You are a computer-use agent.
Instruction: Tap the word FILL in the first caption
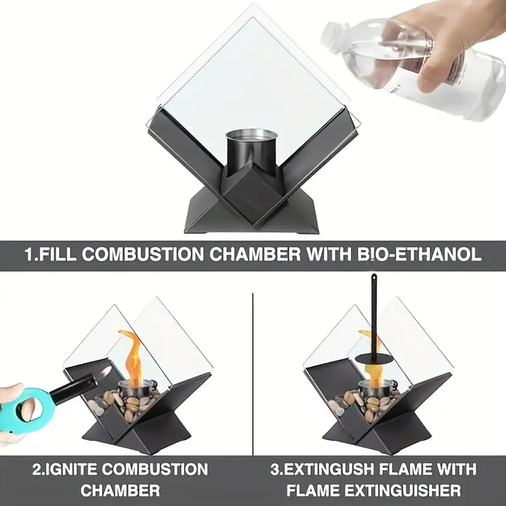tap(59, 255)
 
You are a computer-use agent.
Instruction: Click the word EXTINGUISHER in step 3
tap(402, 491)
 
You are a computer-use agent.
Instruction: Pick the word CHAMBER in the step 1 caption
tap(255, 255)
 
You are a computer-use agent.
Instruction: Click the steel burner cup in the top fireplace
tap(251, 152)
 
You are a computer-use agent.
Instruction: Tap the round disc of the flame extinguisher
tap(373, 359)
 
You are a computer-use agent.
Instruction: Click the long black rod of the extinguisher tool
tap(373, 316)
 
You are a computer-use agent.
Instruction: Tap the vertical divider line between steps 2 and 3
tap(253, 373)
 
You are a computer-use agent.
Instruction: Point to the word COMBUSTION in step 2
tap(155, 469)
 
